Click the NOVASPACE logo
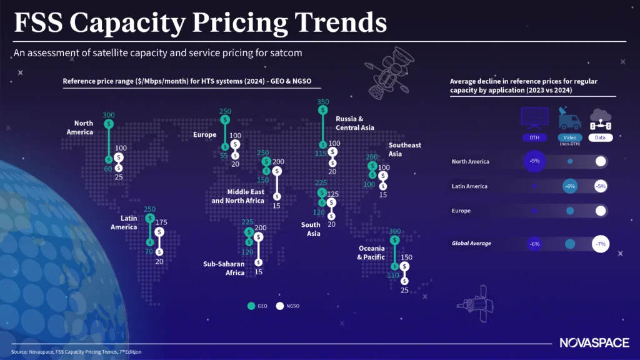(591, 342)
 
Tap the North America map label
(79, 127)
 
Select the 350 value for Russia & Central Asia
(322, 101)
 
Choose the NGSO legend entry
(287, 306)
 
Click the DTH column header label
(534, 137)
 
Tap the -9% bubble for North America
(534, 161)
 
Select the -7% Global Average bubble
(601, 244)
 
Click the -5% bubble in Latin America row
(601, 186)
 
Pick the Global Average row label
(471, 243)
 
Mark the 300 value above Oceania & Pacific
(394, 231)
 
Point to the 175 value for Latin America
(161, 222)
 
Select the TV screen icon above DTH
(534, 116)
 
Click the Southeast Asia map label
(404, 149)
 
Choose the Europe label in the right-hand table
(461, 211)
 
